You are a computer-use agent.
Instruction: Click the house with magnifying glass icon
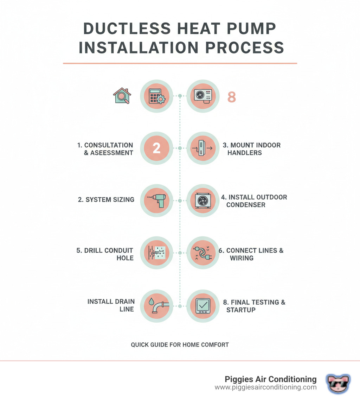coord(122,96)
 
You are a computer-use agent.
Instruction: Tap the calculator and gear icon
coord(156,96)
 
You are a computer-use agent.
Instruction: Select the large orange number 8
coord(232,97)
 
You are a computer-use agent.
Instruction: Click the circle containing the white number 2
coord(156,148)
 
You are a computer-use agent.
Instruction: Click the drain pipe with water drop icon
coord(158,305)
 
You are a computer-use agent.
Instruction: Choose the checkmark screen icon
coord(203,306)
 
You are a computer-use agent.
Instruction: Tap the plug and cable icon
coord(202,253)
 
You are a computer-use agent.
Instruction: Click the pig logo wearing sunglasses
coord(338,383)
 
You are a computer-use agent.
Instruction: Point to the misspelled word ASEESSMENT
coord(111,153)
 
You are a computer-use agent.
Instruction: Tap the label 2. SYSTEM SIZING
coord(106,199)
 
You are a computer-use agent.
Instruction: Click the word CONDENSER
coord(246,205)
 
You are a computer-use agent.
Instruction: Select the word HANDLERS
coord(245,153)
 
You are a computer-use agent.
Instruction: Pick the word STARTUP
coord(241,310)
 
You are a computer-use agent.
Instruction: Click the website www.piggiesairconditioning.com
coord(265,387)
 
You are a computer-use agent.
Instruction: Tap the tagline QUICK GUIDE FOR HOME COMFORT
coord(180,345)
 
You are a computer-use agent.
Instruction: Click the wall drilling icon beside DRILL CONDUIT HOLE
coord(156,253)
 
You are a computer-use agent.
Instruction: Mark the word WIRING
coord(242,258)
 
